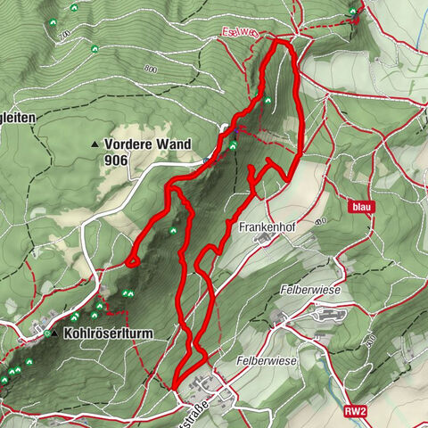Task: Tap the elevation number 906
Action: pyautogui.click(x=116, y=160)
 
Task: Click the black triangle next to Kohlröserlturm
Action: pyautogui.click(x=54, y=333)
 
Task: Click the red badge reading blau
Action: pyautogui.click(x=359, y=207)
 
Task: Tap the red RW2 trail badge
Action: pyautogui.click(x=355, y=412)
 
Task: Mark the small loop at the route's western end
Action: pyautogui.click(x=132, y=260)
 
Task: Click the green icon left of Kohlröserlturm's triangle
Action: pyautogui.click(x=46, y=333)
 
